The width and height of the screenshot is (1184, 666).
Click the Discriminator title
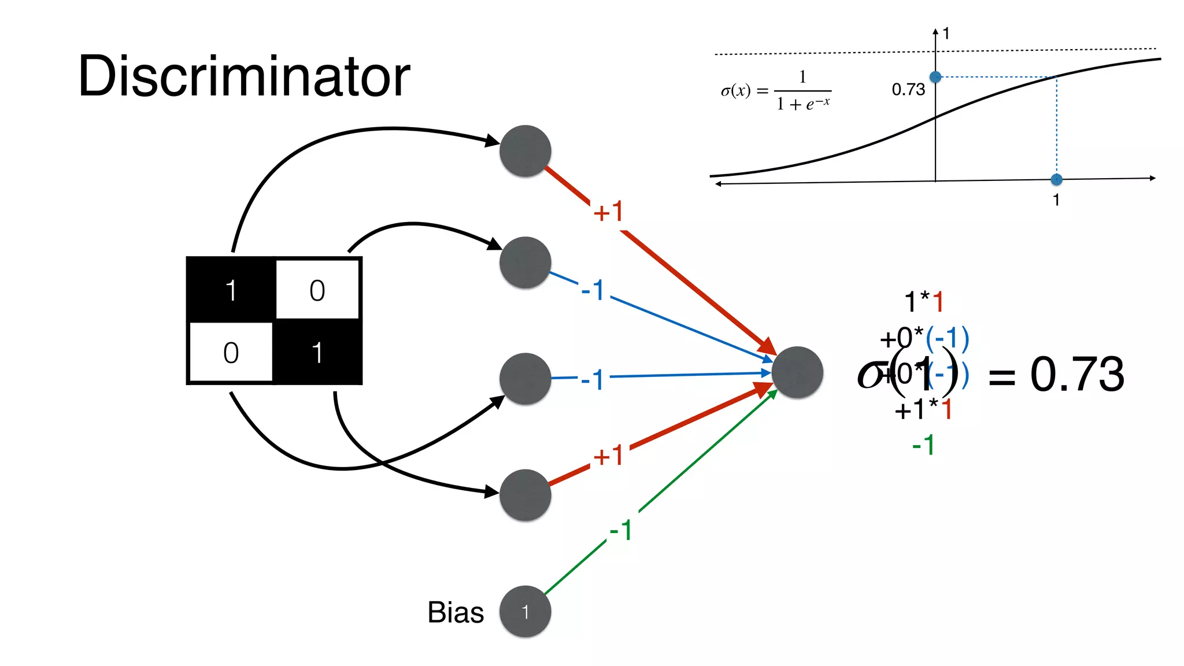[244, 76]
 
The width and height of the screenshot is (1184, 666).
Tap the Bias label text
[456, 612]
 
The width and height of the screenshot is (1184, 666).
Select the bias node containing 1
[525, 612]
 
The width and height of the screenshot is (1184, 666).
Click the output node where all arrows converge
[797, 373]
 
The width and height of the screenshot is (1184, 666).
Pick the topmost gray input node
[525, 151]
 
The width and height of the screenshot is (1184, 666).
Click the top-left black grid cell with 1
[231, 290]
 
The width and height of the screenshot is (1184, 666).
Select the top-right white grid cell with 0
[317, 290]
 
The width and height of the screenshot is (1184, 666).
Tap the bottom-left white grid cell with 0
[231, 353]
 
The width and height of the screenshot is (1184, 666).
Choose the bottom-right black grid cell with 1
[317, 353]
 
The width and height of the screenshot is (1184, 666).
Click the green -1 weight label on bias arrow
[621, 530]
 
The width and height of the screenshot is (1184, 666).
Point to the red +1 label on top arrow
[608, 212]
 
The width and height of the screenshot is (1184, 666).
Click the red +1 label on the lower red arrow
[608, 456]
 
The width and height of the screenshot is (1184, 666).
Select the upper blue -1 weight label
[593, 290]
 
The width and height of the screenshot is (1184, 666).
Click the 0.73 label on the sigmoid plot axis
[908, 90]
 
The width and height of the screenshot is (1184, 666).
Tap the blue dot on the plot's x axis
[1056, 179]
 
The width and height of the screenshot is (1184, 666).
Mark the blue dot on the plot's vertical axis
[935, 77]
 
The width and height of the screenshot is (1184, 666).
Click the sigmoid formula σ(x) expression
[776, 91]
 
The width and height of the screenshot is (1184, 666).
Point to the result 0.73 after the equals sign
[1077, 375]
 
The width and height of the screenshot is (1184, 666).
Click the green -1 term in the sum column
[923, 446]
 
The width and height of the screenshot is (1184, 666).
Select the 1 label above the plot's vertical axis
[946, 34]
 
